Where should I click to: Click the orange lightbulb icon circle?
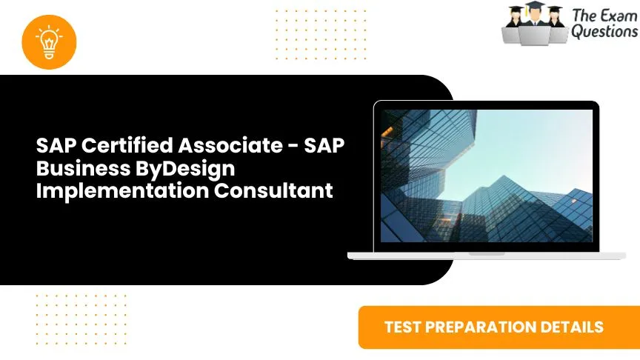49,41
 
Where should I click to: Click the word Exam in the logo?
619,15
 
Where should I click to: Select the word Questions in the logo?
604,31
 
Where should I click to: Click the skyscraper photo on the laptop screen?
487,176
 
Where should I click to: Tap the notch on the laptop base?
487,253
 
